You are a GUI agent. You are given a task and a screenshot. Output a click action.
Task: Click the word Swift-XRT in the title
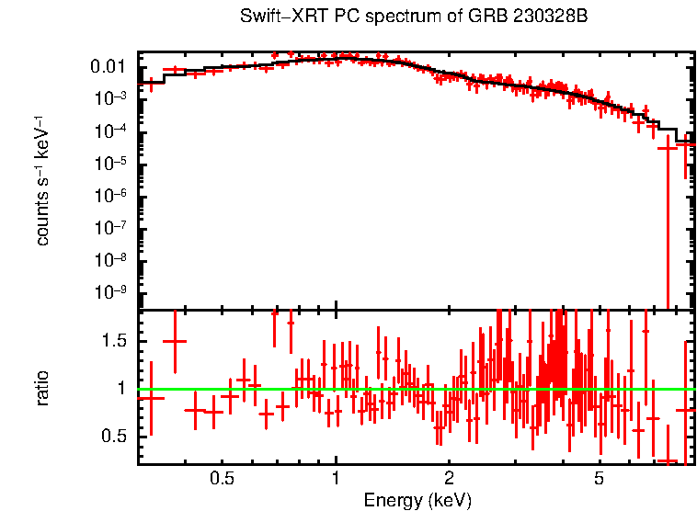[272, 17]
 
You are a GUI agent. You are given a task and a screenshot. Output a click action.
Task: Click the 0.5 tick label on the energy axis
[222, 478]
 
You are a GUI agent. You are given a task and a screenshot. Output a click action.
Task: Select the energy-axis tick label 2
[449, 478]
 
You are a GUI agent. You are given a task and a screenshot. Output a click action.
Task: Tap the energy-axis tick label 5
[599, 478]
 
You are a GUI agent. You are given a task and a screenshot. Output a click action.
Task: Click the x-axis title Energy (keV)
[417, 501]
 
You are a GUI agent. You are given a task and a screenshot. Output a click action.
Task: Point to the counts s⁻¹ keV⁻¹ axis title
[43, 181]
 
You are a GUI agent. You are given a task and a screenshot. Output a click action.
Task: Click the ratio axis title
[43, 388]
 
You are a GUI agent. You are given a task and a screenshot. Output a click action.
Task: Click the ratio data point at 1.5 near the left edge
[175, 341]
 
